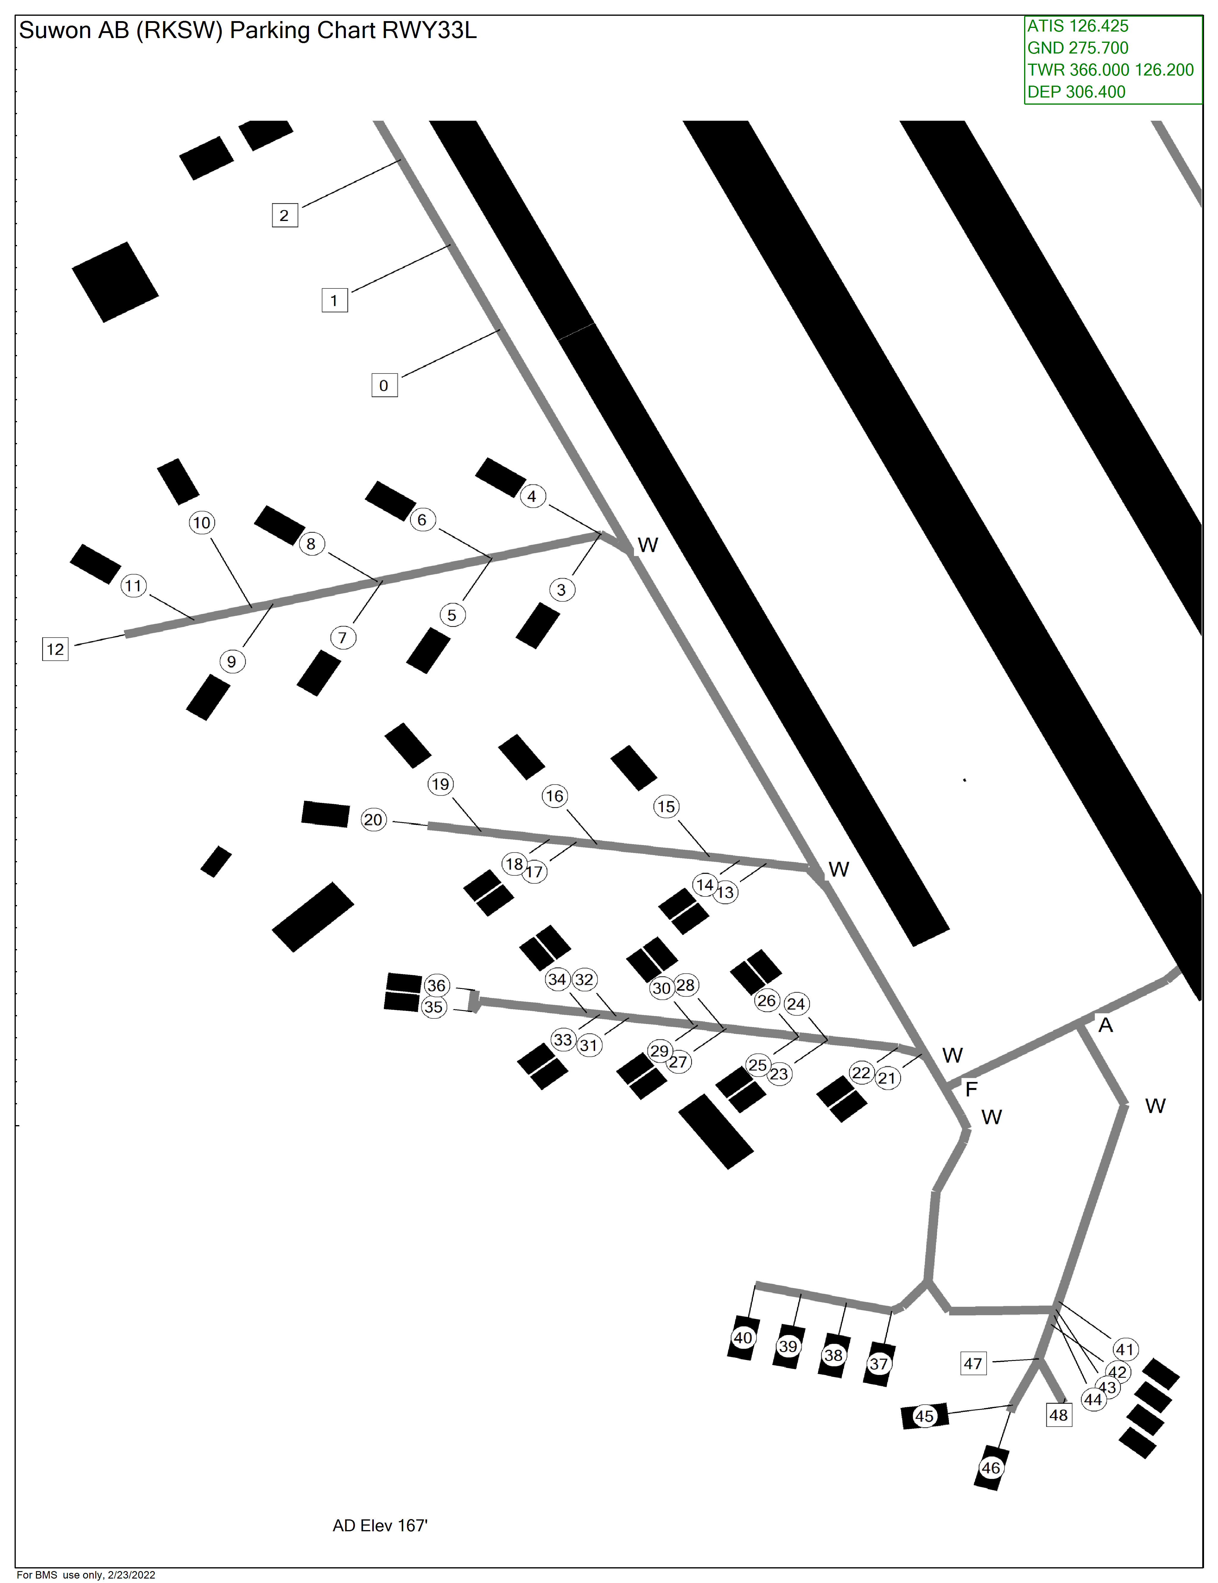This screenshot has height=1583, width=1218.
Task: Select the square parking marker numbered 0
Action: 384,385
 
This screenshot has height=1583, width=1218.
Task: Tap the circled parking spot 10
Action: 202,523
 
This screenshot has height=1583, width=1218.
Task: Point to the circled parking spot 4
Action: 532,497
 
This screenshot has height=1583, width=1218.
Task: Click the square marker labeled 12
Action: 55,649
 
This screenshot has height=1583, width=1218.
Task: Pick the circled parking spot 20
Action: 373,820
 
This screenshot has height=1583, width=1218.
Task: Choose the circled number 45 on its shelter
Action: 925,1416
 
